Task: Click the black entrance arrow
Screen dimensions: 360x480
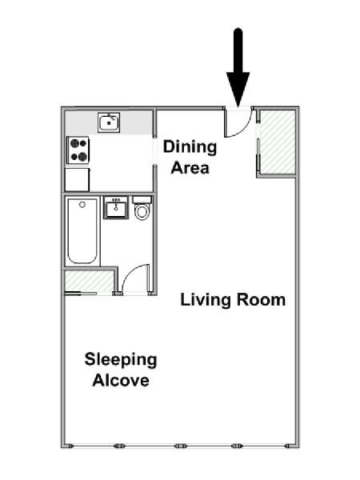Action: coord(238,67)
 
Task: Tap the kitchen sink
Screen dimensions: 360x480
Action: coord(109,122)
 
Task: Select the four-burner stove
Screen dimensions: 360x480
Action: coord(78,150)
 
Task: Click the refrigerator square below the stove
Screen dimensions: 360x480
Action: coord(77,180)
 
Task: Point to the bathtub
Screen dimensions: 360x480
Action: coord(82,231)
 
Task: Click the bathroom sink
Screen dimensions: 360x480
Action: coord(116,208)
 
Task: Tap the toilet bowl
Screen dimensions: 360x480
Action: coord(142,211)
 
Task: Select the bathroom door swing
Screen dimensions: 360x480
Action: coord(134,277)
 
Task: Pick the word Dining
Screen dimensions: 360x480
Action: coord(190,147)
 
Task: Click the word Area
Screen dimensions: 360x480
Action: coord(190,168)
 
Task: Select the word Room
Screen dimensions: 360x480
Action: coord(261,299)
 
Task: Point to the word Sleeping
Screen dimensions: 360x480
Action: coord(121,360)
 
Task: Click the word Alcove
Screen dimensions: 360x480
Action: coord(121,380)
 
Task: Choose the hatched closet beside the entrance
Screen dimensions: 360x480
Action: coord(278,142)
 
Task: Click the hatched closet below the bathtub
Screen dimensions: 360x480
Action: coord(89,281)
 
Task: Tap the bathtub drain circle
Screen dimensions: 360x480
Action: coord(82,205)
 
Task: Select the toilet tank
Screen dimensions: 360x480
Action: coord(142,200)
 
